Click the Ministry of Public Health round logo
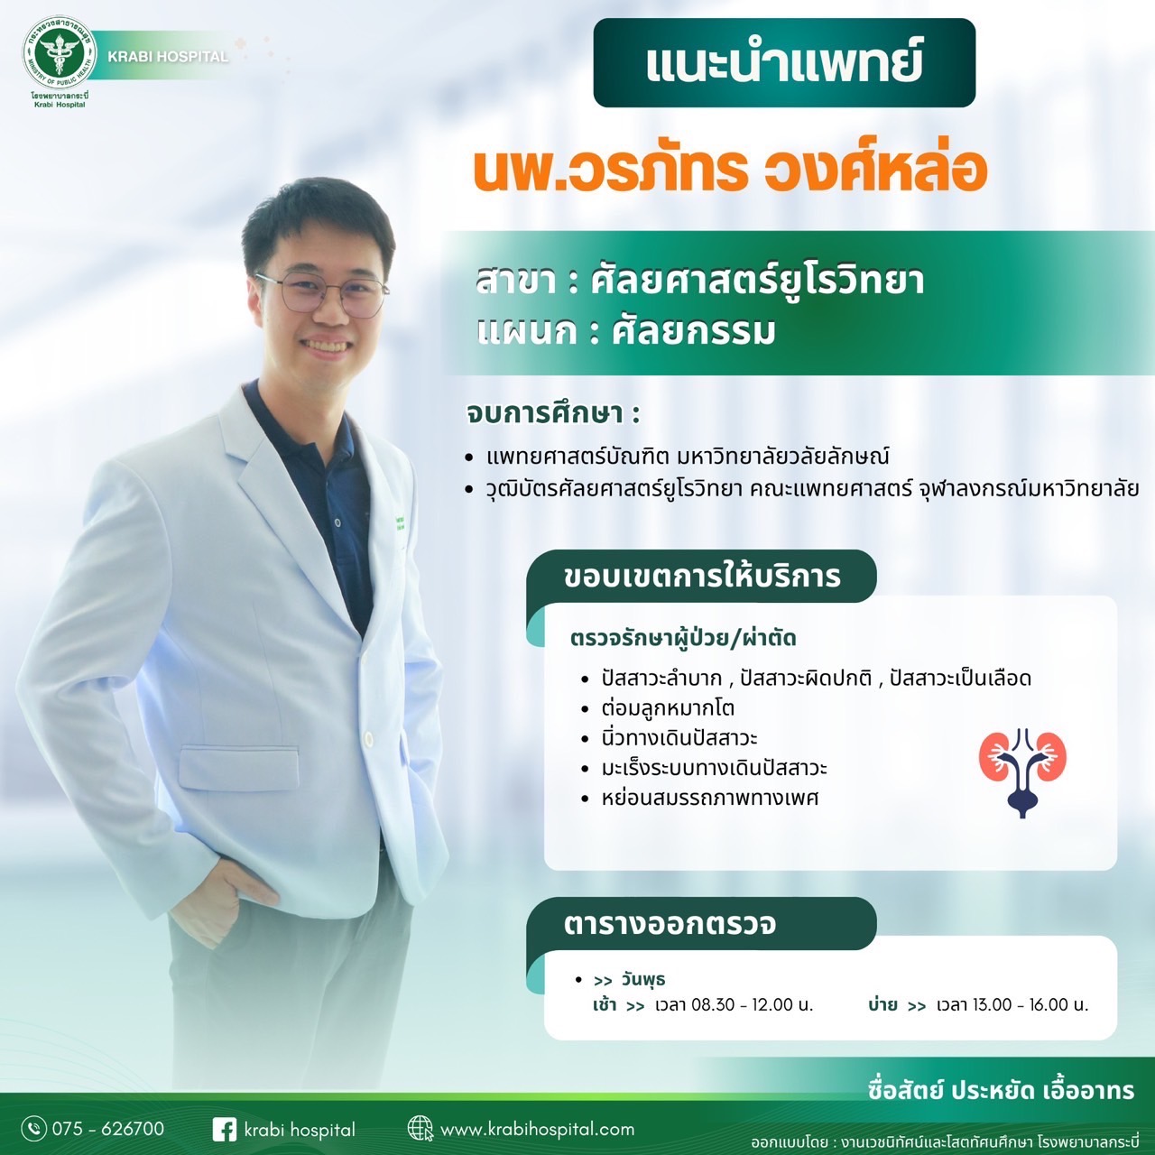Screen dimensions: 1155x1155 tap(59, 52)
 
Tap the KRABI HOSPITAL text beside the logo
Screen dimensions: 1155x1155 tap(168, 57)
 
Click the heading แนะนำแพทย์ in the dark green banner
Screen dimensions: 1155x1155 tap(784, 62)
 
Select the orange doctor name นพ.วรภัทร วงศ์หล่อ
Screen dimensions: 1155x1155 tap(730, 170)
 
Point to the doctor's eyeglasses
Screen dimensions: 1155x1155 tap(322, 293)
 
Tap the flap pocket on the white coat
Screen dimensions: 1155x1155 tap(239, 767)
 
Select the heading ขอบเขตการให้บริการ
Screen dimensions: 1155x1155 tap(702, 577)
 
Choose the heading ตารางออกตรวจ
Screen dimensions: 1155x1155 tap(670, 924)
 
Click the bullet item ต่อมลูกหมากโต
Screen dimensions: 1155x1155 tap(668, 708)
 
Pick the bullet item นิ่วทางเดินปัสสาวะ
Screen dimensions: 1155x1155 tap(679, 738)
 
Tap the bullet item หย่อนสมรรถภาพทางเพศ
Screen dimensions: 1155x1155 tap(710, 798)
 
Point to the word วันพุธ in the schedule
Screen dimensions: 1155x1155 tap(643, 980)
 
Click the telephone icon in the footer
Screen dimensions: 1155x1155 tap(33, 1129)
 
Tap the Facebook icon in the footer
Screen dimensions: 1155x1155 tap(224, 1130)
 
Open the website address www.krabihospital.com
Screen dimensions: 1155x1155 tap(537, 1130)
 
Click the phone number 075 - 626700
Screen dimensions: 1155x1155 tap(108, 1129)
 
